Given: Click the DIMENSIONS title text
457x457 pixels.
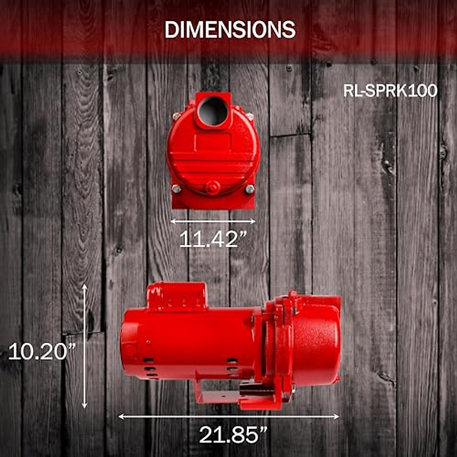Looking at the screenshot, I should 230,29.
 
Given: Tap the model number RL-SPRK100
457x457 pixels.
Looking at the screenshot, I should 390,91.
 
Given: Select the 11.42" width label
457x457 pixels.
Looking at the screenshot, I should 213,239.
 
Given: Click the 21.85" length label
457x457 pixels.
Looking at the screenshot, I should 233,434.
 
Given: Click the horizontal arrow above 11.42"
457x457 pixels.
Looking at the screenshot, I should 213,221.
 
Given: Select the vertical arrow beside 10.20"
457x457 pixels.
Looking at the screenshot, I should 85,346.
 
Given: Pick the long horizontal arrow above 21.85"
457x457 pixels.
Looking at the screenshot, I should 228,417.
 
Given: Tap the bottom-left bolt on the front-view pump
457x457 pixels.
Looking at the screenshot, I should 176,189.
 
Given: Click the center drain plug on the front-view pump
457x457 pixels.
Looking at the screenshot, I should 213,188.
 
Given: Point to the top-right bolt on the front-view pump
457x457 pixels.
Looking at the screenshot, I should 249,117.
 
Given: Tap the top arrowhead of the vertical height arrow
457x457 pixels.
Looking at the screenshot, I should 85,286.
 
